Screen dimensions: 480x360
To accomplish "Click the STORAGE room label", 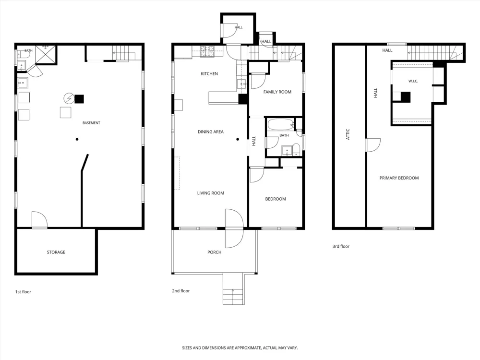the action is [x=56, y=252].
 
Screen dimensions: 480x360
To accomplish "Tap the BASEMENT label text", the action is [x=91, y=123].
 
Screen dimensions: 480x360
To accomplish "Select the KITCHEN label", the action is [x=209, y=73].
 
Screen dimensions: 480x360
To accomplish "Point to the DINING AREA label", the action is [x=211, y=132].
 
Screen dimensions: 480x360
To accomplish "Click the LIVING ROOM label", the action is [x=211, y=193].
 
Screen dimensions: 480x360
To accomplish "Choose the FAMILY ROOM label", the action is [x=277, y=92].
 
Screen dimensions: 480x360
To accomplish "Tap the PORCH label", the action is [x=214, y=252].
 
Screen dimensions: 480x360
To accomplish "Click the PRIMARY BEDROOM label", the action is [x=399, y=178].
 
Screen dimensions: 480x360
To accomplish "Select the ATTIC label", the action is [x=348, y=134].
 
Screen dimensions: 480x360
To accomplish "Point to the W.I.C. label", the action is [x=413, y=81].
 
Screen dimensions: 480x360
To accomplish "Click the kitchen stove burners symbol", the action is [x=207, y=51].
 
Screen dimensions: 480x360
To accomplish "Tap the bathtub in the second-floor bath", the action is [x=281, y=125].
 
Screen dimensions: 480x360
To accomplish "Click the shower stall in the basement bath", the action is [x=46, y=55].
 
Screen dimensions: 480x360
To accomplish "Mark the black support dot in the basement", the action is [x=77, y=139].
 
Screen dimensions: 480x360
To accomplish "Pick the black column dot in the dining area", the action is [x=238, y=139].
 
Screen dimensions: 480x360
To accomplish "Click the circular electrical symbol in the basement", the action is [x=69, y=98].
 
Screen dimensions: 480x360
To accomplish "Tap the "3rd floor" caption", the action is [x=341, y=246].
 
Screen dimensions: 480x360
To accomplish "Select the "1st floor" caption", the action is [x=23, y=292].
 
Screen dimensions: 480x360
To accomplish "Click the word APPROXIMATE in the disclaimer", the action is [x=247, y=348].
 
